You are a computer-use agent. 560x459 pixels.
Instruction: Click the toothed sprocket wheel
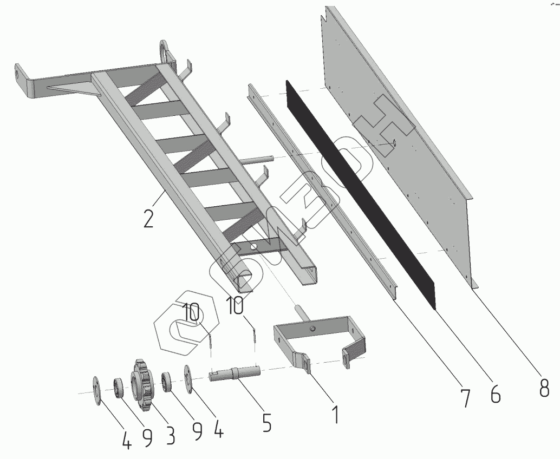pyautogui.click(x=141, y=386)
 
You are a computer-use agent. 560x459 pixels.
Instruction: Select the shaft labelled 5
pyautogui.click(x=234, y=375)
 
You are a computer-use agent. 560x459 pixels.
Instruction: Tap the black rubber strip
pyautogui.click(x=361, y=194)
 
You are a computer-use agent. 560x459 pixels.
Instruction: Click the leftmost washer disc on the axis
pyautogui.click(x=96, y=391)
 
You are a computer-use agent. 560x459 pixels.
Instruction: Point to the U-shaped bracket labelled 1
pyautogui.click(x=319, y=343)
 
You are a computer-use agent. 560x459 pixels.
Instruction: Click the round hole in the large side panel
pyautogui.click(x=394, y=142)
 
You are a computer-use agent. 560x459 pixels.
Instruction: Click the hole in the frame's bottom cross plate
pyautogui.click(x=255, y=246)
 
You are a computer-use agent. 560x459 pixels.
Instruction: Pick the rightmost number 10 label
pyautogui.click(x=235, y=306)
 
